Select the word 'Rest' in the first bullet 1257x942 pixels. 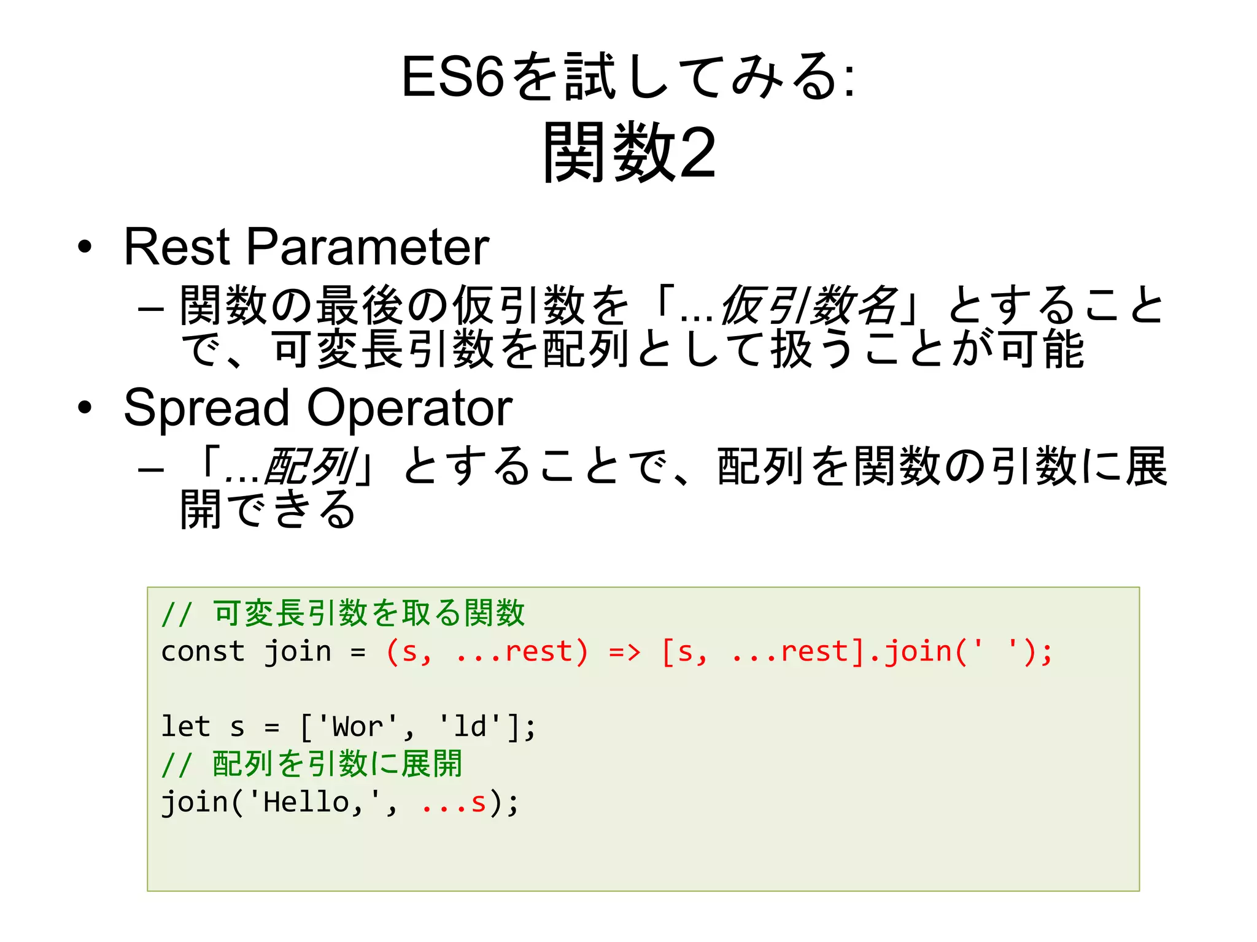(177, 247)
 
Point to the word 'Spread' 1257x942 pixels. (206, 408)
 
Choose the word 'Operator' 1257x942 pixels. (409, 408)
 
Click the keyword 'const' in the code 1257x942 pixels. (203, 651)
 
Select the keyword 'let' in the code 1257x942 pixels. (185, 727)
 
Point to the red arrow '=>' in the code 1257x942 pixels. (624, 651)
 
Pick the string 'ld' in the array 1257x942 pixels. (470, 727)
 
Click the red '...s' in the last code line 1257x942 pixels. (454, 802)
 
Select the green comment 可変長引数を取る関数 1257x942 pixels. (368, 613)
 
